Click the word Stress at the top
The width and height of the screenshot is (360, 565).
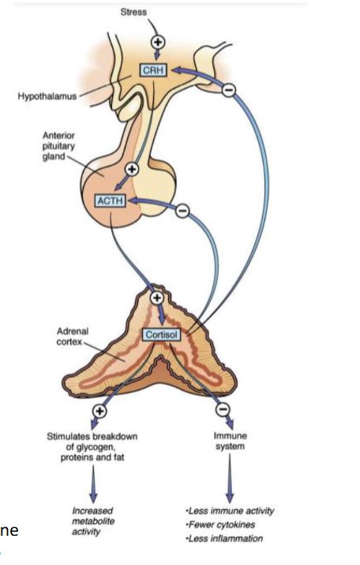click(133, 13)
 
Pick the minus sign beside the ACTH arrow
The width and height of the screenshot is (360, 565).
click(181, 211)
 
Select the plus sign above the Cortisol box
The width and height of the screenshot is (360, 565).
click(156, 298)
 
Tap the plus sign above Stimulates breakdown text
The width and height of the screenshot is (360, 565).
click(99, 410)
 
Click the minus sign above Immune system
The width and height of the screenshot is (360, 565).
click(224, 410)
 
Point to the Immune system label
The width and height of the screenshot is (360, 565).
click(230, 439)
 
